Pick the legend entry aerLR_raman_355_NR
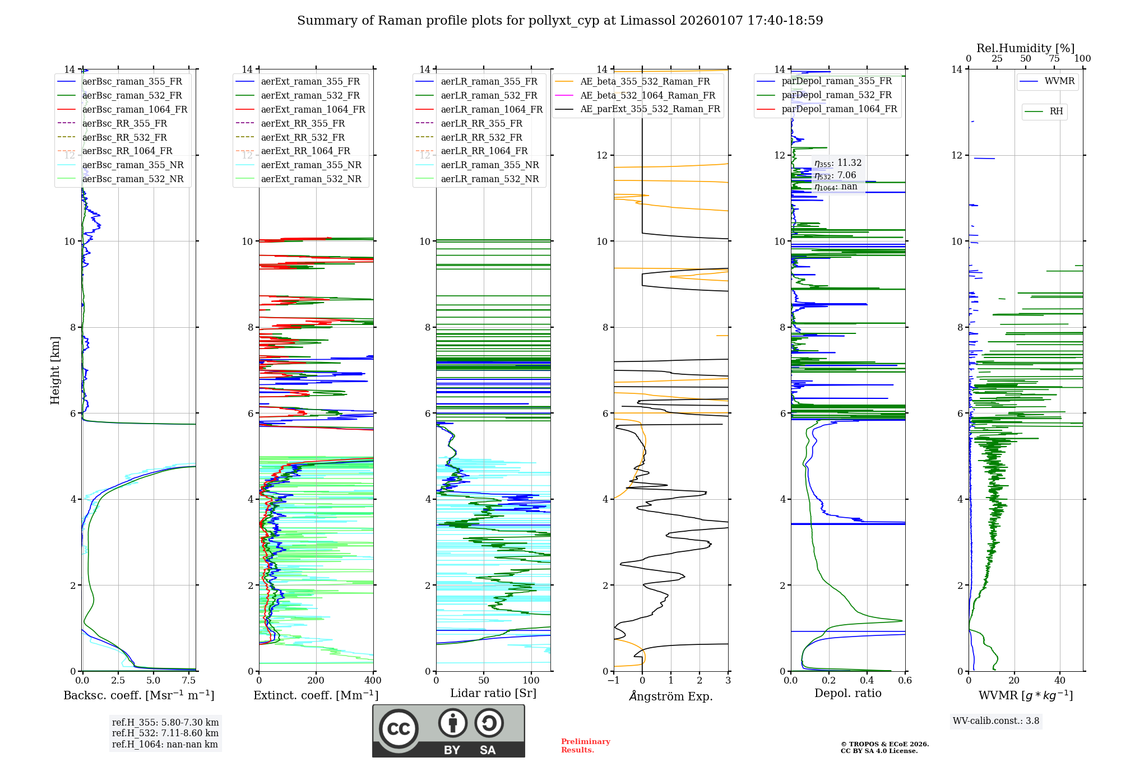[x=489, y=165]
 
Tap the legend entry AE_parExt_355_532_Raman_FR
[x=650, y=109]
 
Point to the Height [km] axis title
[x=55, y=370]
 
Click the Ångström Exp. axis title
[x=671, y=696]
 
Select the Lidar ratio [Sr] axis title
[x=493, y=693]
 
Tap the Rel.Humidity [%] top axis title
[x=1025, y=48]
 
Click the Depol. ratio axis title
[x=847, y=693]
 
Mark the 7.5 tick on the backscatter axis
[x=189, y=681]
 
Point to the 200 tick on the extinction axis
[x=316, y=681]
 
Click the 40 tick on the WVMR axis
[x=1059, y=681]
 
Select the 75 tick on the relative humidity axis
[x=1054, y=59]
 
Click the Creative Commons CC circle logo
[x=399, y=729]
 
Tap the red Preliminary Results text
[x=585, y=746]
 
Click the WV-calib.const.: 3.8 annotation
[x=995, y=721]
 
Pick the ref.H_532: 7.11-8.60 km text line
[x=165, y=733]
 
